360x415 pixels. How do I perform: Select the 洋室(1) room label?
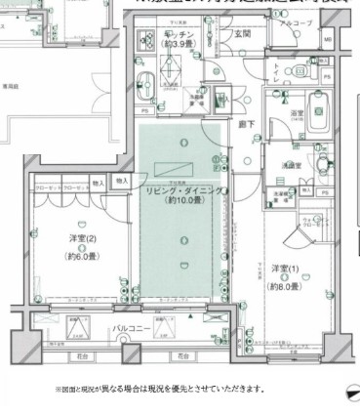(284, 269)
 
